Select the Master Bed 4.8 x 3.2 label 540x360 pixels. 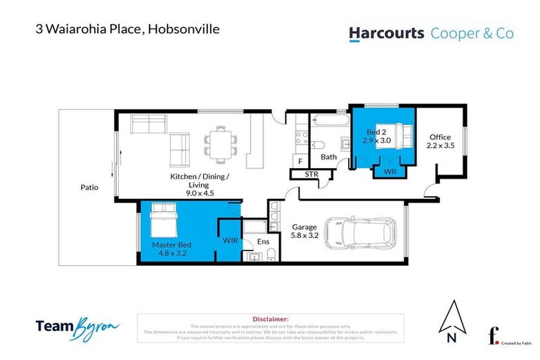tap(172, 249)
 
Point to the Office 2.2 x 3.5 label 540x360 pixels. tap(441, 141)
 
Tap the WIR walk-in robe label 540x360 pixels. tap(229, 240)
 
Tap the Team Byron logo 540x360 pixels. tap(77, 326)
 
